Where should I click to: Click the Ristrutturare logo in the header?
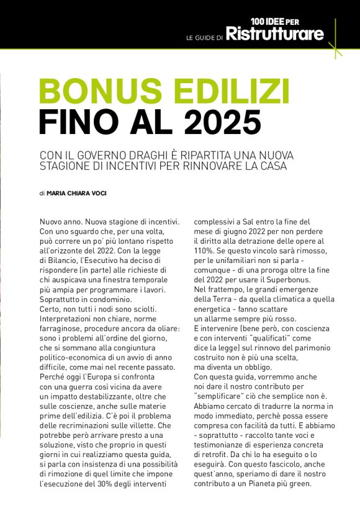point(274,34)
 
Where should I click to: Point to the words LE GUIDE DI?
point(204,38)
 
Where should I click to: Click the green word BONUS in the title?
point(100,92)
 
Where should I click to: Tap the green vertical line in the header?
point(335,37)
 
